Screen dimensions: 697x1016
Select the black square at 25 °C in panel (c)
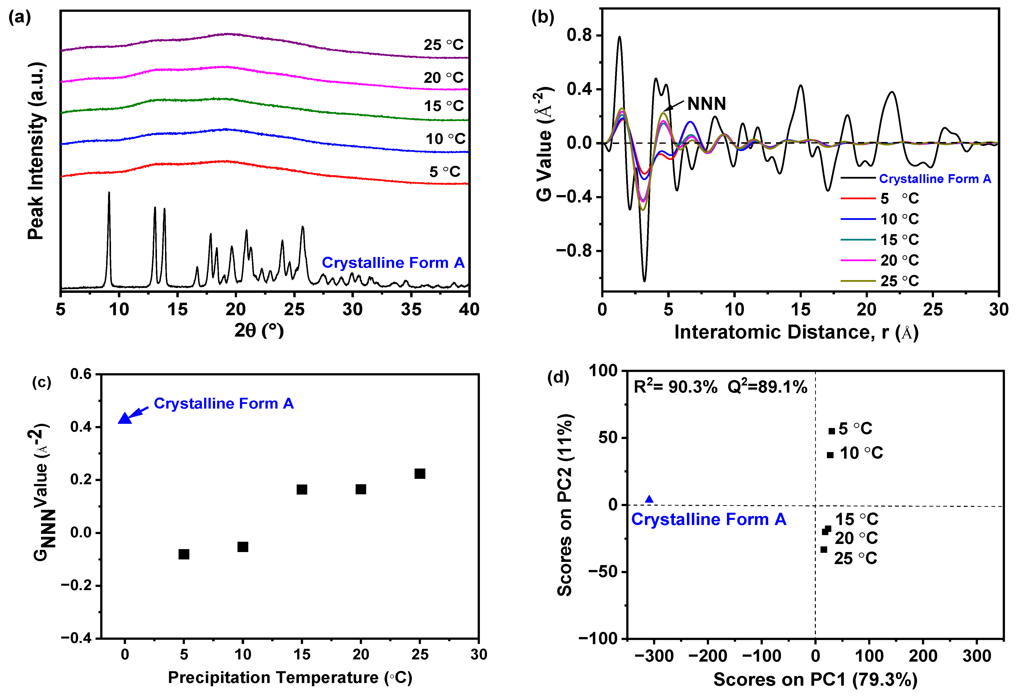[420, 474]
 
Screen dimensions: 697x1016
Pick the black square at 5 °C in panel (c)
[184, 554]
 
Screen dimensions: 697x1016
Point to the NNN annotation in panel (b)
[707, 104]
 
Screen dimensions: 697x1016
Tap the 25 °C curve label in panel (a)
[443, 45]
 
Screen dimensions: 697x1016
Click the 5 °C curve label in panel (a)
[445, 171]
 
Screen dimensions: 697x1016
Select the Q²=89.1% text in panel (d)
[767, 387]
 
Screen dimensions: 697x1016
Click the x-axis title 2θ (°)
[259, 331]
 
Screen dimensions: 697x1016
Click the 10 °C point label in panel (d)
[861, 453]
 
